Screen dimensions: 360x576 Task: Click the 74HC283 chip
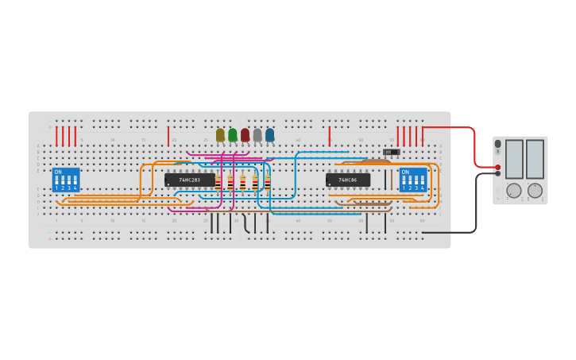coord(189,180)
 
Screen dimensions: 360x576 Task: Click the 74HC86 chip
coord(347,180)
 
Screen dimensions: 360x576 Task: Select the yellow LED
coord(220,135)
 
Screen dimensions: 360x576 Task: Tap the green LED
coord(233,135)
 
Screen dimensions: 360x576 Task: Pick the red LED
coord(245,135)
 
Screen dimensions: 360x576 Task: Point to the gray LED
coord(257,135)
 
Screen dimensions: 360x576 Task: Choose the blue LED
coord(270,135)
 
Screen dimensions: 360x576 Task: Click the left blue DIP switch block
coord(66,180)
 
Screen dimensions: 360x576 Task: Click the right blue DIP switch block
coord(413,180)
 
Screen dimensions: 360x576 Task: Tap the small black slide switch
coord(391,152)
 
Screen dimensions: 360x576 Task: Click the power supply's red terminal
coord(498,167)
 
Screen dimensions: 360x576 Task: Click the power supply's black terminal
coord(498,173)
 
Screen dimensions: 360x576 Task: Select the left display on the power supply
coord(514,159)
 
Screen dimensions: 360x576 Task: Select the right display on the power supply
coord(535,159)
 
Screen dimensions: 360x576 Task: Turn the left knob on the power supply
coord(514,191)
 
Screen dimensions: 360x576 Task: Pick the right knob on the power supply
coord(535,191)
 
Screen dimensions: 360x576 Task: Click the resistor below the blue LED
coord(268,182)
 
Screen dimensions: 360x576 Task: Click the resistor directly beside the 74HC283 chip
coord(218,182)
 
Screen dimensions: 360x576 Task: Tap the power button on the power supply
coord(498,144)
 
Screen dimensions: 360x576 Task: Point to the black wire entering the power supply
coord(477,199)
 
